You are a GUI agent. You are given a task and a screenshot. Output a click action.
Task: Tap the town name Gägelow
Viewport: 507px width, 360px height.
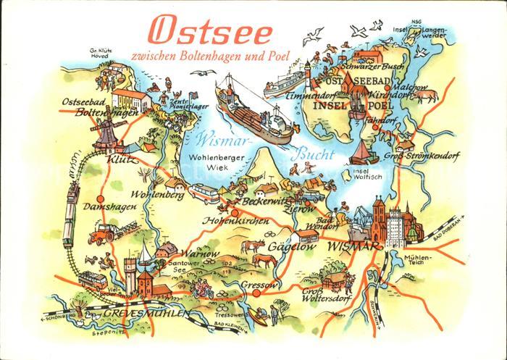[290, 247]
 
